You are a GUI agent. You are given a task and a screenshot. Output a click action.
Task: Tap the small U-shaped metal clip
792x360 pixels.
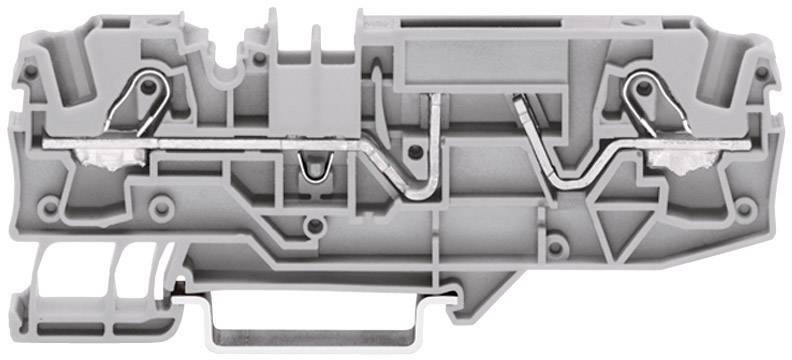312,172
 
